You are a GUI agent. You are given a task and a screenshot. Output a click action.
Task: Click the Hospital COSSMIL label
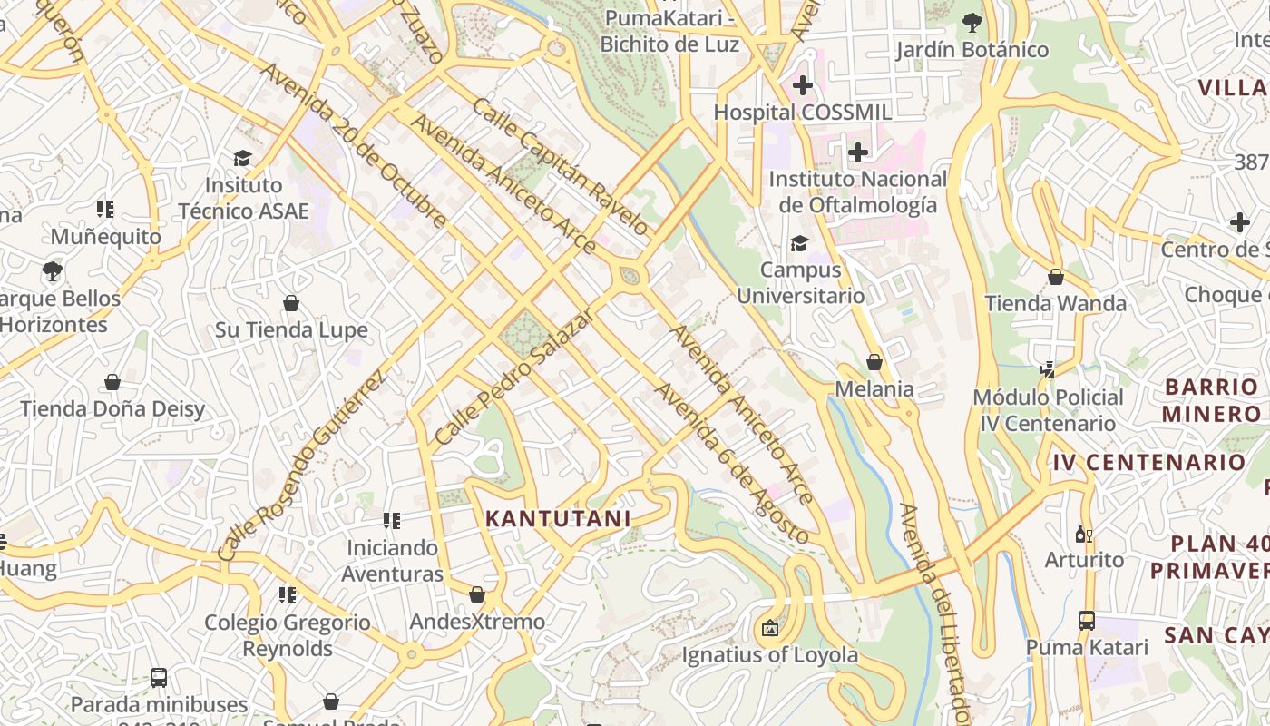[x=802, y=113]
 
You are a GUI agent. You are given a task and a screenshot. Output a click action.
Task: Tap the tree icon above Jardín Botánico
[x=972, y=22]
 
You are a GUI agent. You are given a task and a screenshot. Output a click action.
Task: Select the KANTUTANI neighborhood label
[x=557, y=519]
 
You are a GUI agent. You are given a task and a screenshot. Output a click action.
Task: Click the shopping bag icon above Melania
[x=874, y=362]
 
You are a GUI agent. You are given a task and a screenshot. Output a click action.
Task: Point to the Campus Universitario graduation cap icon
[x=799, y=243]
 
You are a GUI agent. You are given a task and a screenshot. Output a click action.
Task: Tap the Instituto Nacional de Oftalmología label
[x=857, y=192]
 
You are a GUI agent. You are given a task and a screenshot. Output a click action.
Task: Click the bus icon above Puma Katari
[x=1086, y=621]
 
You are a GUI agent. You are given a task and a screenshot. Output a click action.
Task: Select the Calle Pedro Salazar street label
[x=513, y=377]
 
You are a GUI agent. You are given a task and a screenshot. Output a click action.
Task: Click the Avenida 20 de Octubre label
[x=353, y=145]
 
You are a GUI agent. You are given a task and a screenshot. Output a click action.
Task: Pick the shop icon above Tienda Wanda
[x=1055, y=277]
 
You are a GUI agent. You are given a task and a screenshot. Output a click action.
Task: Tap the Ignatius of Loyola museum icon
[x=770, y=628]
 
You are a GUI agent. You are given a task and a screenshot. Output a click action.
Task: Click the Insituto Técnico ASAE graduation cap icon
[x=242, y=159]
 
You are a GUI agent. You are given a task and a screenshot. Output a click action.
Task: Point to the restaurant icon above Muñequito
[x=105, y=211]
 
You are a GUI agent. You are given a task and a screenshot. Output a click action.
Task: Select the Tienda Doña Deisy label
[x=113, y=409]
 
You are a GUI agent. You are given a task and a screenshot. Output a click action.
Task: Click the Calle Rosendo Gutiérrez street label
[x=302, y=465]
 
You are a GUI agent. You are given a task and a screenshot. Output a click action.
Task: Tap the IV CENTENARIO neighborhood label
[x=1149, y=462]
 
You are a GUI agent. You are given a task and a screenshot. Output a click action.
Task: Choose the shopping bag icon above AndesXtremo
[x=477, y=594]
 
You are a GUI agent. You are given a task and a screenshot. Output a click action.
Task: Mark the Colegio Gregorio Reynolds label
[x=288, y=635]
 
